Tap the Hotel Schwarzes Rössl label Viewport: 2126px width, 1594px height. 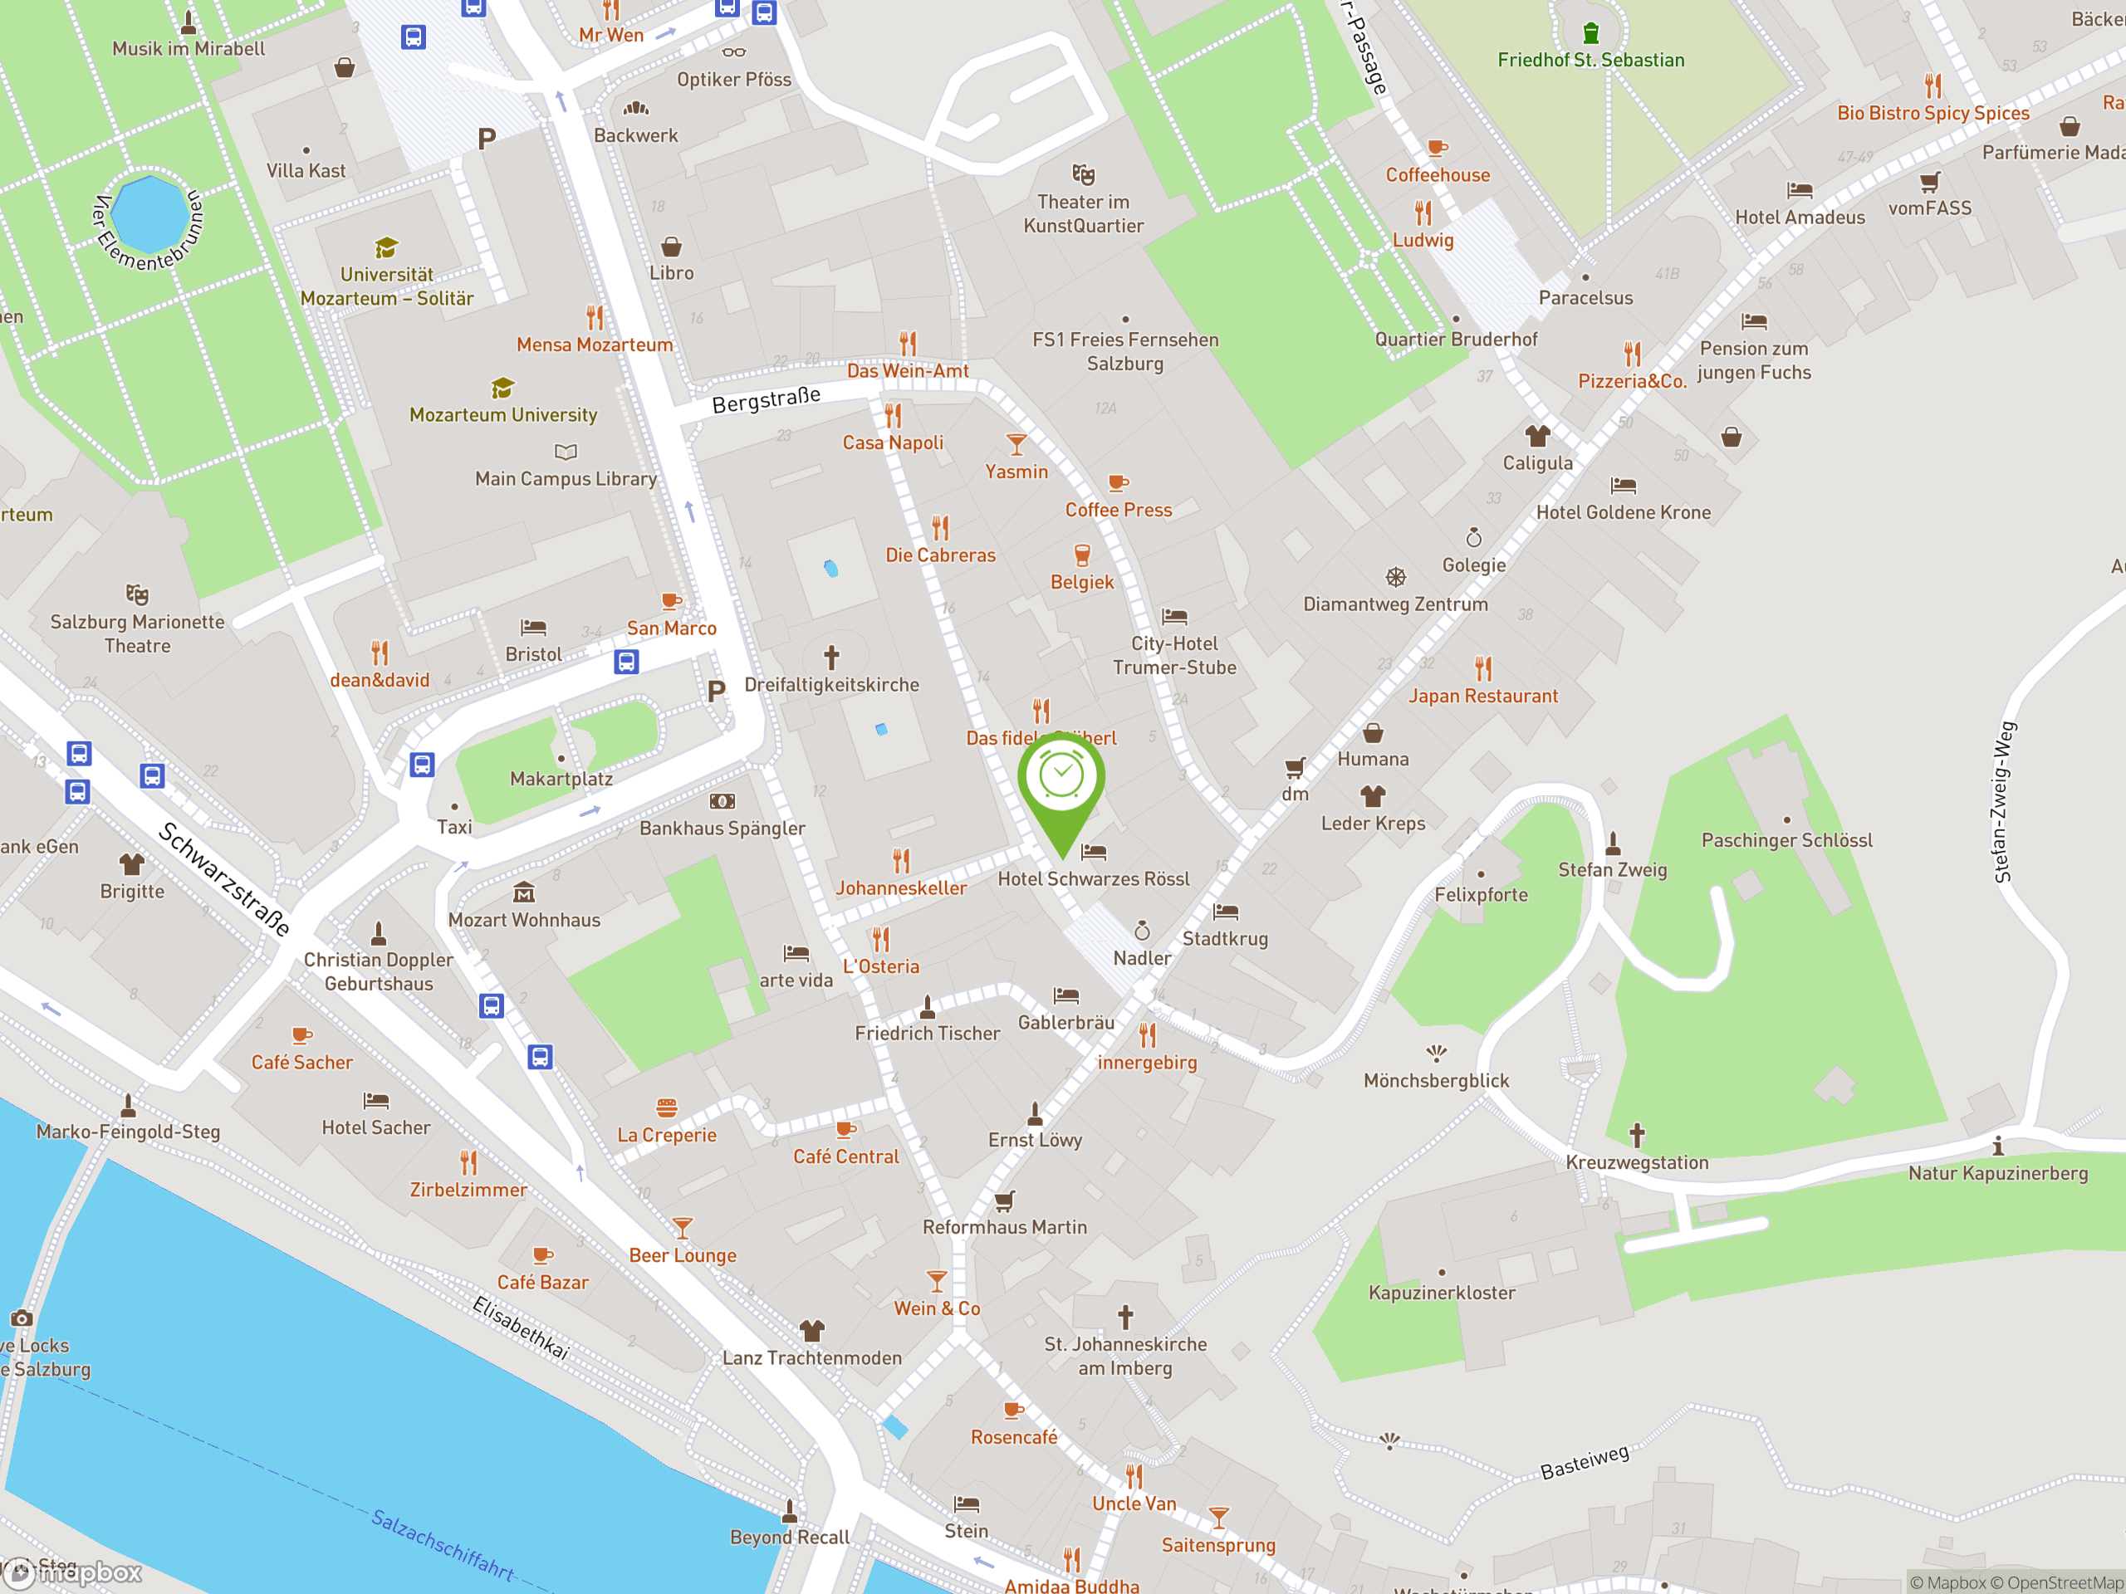pyautogui.click(x=1093, y=878)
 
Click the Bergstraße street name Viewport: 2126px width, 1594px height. pyautogui.click(x=766, y=399)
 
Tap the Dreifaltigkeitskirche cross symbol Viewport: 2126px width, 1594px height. pyautogui.click(x=831, y=658)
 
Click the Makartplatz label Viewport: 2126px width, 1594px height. pyautogui.click(x=561, y=778)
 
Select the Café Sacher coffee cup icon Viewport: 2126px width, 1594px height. pyautogui.click(x=301, y=1034)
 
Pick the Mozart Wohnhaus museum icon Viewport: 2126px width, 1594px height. pyautogui.click(x=524, y=892)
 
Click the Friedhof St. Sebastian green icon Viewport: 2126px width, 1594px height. pyautogui.click(x=1590, y=32)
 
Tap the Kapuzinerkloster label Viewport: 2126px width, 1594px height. pyautogui.click(x=1441, y=1293)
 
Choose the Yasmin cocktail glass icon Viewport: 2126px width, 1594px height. pyautogui.click(x=1016, y=444)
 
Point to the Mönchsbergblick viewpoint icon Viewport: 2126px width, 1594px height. pyautogui.click(x=1436, y=1053)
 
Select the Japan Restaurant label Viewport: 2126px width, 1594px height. pyautogui.click(x=1482, y=696)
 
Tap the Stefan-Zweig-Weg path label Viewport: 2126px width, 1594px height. pyautogui.click(x=2004, y=801)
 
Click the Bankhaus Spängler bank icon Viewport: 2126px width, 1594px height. pyautogui.click(x=722, y=801)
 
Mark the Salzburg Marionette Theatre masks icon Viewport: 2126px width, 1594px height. pyautogui.click(x=137, y=594)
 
